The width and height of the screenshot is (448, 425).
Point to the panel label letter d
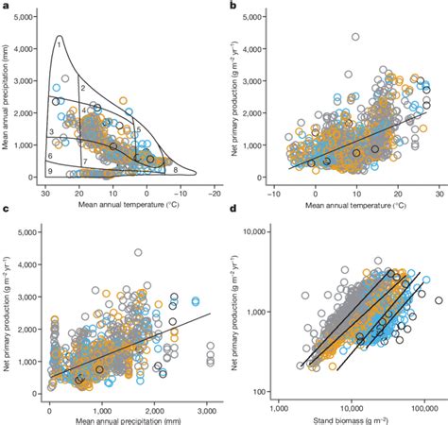tap(233, 222)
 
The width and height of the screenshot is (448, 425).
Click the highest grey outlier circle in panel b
tap(355, 38)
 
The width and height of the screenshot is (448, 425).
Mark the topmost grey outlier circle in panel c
tap(138, 253)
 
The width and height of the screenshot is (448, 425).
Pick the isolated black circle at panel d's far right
tap(438, 300)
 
